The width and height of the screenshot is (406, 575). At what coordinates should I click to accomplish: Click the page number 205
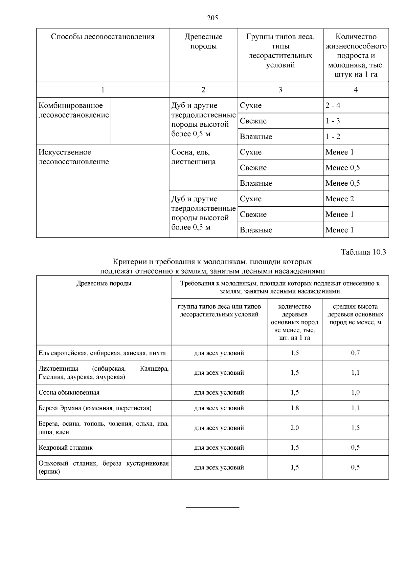[212, 18]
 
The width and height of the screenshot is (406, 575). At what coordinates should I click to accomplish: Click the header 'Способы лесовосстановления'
[103, 37]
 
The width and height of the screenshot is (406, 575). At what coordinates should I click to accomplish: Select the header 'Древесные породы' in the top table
[203, 41]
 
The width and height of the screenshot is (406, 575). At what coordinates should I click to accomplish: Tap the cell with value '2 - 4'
[333, 105]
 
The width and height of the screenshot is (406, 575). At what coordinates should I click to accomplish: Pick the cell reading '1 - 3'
[333, 121]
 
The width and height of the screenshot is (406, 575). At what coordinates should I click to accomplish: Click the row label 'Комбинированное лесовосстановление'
[73, 110]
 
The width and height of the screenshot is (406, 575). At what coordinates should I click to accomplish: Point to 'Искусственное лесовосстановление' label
[73, 157]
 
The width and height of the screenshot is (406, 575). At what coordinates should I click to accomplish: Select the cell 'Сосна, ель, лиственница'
[193, 157]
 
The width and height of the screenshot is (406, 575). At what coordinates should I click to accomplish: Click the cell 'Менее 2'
[339, 199]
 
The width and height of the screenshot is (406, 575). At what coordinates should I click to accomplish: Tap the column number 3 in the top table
[280, 90]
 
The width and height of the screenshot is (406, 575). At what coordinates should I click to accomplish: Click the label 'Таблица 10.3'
[363, 252]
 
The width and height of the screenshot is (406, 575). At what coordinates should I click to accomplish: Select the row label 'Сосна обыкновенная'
[69, 393]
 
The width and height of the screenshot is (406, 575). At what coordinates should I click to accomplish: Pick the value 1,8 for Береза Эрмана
[294, 408]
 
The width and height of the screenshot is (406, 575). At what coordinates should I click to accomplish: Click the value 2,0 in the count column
[294, 428]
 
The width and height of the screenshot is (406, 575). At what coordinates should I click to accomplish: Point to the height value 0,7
[355, 353]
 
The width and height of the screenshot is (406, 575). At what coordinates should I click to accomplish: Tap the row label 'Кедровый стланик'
[66, 448]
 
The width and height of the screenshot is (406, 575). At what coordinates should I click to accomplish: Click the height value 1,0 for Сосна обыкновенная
[355, 393]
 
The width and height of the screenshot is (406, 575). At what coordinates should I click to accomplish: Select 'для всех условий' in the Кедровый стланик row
[219, 448]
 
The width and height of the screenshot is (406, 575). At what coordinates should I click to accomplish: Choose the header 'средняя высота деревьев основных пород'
[355, 314]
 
